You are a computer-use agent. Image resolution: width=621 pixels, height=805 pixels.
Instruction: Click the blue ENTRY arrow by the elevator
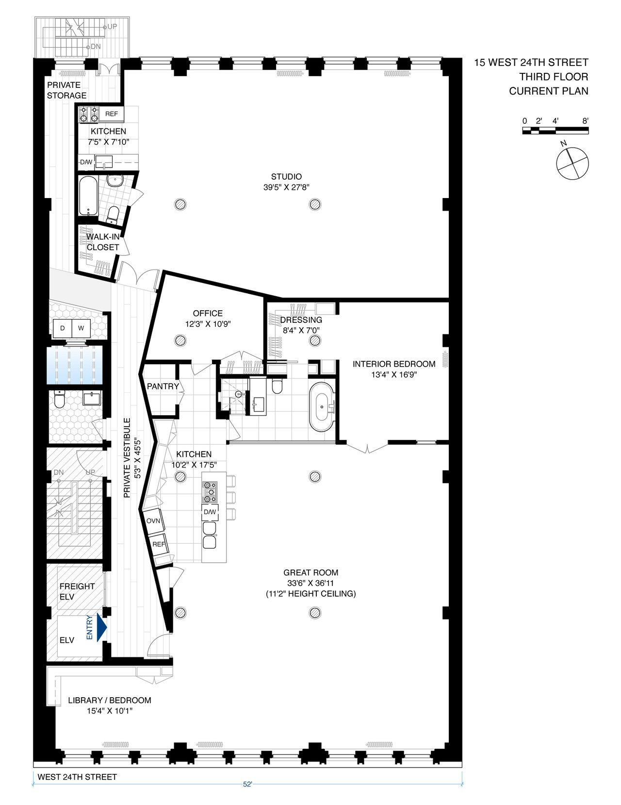click(101, 627)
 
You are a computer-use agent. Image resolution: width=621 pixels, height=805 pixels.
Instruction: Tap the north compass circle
click(572, 163)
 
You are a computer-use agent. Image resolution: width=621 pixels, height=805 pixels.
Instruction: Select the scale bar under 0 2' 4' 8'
click(556, 131)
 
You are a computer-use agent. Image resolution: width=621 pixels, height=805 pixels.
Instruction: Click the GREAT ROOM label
click(311, 573)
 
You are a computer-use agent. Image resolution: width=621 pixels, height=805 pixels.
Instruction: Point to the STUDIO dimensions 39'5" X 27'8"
click(286, 187)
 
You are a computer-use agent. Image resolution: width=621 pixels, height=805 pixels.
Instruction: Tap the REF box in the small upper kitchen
click(112, 114)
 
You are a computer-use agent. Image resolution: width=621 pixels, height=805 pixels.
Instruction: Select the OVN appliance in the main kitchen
click(153, 521)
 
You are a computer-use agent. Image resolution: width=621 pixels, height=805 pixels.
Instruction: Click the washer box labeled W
click(81, 328)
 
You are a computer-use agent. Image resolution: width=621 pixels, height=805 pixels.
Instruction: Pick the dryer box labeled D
click(62, 328)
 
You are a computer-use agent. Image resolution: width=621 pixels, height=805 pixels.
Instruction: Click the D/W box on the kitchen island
click(210, 512)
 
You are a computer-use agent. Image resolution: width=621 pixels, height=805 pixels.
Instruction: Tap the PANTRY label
click(163, 386)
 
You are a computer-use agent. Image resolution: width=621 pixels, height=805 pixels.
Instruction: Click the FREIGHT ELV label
click(77, 591)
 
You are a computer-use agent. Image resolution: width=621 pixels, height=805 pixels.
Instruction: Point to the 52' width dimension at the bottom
click(247, 784)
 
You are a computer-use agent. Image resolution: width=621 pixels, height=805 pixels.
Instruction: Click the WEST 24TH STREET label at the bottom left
click(77, 777)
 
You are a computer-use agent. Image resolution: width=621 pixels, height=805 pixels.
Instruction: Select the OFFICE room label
click(208, 314)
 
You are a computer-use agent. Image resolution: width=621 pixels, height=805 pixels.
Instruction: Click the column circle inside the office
click(180, 340)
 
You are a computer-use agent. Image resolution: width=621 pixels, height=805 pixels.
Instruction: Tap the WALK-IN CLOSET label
click(103, 242)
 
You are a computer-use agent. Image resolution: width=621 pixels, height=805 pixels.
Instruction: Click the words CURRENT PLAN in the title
click(548, 91)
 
